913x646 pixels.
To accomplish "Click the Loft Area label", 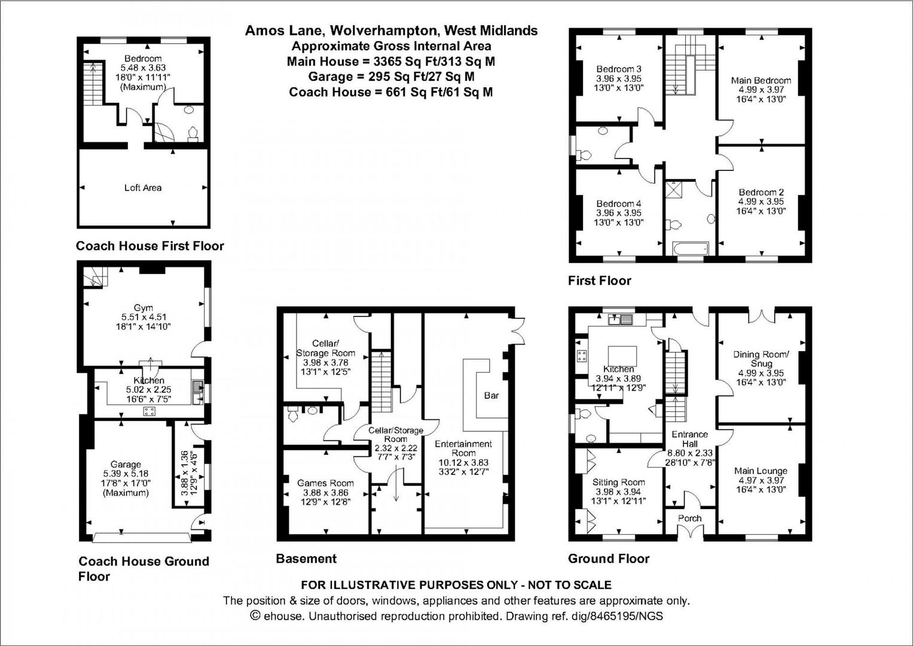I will coord(143,188).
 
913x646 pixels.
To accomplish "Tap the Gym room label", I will coord(143,308).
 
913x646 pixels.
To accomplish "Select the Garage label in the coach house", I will coord(126,464).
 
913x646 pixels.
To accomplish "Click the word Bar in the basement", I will coord(491,395).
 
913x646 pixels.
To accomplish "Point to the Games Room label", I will coord(325,483).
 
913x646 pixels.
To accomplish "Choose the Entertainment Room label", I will coord(463,449).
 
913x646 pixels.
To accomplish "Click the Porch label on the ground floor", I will coord(690,519).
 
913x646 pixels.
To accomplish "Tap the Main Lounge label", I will coord(761,471).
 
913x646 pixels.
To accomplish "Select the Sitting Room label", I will coord(619,482).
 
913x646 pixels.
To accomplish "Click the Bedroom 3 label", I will coord(619,69).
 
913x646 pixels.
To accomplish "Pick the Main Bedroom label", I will coord(761,80).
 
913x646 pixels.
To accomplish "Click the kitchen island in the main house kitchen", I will coord(622,356).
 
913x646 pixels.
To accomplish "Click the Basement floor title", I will coord(306,559).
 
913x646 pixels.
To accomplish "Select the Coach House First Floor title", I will coord(150,246).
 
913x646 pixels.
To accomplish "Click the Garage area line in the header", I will coord(391,77).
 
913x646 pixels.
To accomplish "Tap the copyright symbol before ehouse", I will coord(255,616).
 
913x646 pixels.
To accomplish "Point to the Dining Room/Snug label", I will coord(761,359).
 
